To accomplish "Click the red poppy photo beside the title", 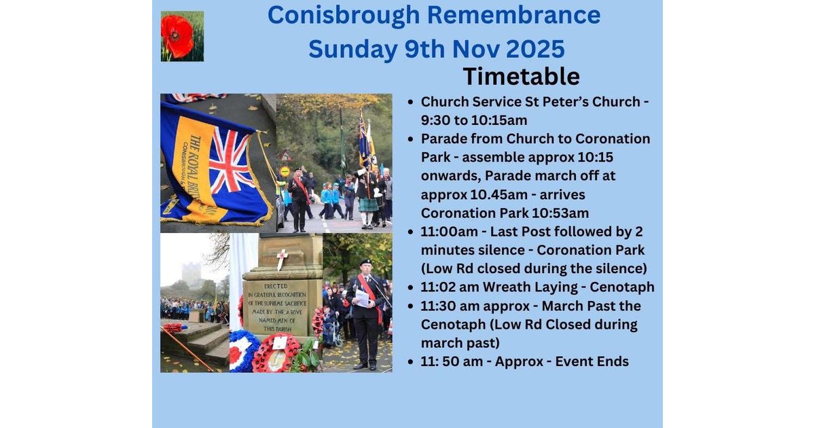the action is click(x=182, y=36).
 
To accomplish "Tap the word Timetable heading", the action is click(x=522, y=76).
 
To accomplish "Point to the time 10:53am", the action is click(x=560, y=213).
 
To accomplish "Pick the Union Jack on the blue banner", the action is click(x=230, y=160).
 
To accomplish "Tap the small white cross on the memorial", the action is click(x=282, y=259).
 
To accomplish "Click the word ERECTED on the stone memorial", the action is click(x=276, y=286).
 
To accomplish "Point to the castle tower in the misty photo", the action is click(x=191, y=274).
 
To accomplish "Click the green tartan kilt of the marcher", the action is click(x=368, y=205).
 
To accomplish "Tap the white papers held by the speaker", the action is click(x=362, y=298).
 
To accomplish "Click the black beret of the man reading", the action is click(x=365, y=262).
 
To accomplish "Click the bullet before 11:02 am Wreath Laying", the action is click(x=411, y=287).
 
